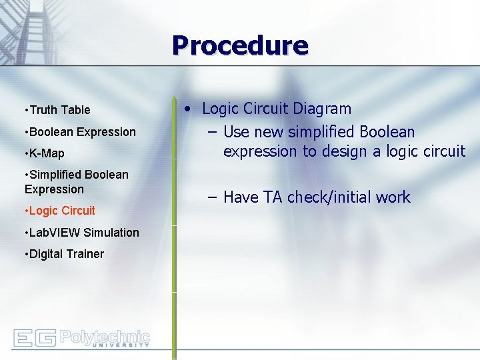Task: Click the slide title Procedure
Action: pos(240,45)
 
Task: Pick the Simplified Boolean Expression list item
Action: pos(77,182)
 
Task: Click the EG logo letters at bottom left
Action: pos(34,338)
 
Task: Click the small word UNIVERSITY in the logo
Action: pos(120,345)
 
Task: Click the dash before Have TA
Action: pos(212,197)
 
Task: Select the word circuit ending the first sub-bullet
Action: pos(442,152)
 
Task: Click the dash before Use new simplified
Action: pos(212,132)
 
